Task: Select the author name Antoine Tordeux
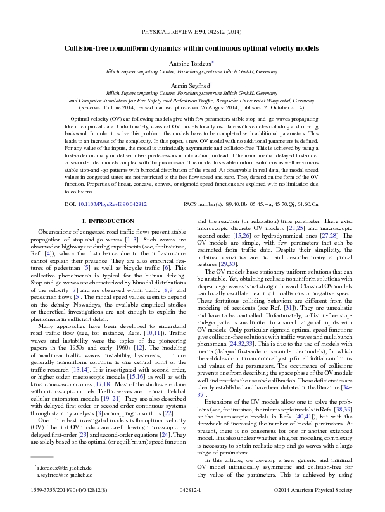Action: coord(191,64)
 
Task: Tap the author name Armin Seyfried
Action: coord(191,83)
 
